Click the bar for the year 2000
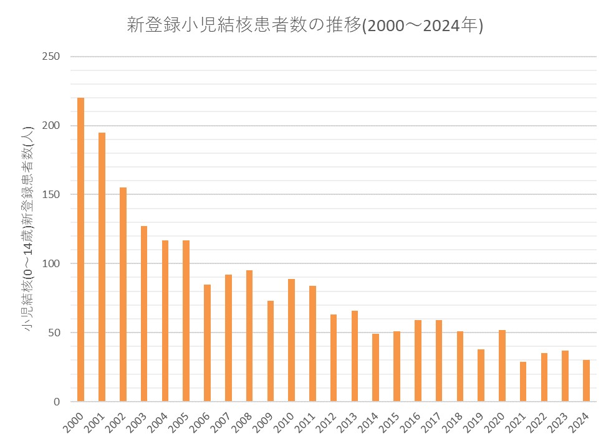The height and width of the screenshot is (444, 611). tap(81, 249)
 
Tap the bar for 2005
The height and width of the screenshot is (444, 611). tap(186, 321)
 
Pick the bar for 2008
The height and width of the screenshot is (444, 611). tap(249, 336)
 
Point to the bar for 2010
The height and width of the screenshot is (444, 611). tap(291, 340)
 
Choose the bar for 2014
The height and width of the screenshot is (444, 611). tap(375, 367)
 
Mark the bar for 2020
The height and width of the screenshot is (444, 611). tap(502, 366)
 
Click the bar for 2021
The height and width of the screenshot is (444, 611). tap(523, 381)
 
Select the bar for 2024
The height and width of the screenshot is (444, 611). tap(586, 380)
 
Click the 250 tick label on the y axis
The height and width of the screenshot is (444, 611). tap(51, 57)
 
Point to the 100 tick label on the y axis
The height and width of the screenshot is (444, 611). tap(51, 263)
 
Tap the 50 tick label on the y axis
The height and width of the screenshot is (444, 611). tap(53, 333)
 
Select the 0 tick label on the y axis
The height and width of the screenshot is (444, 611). tap(56, 402)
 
